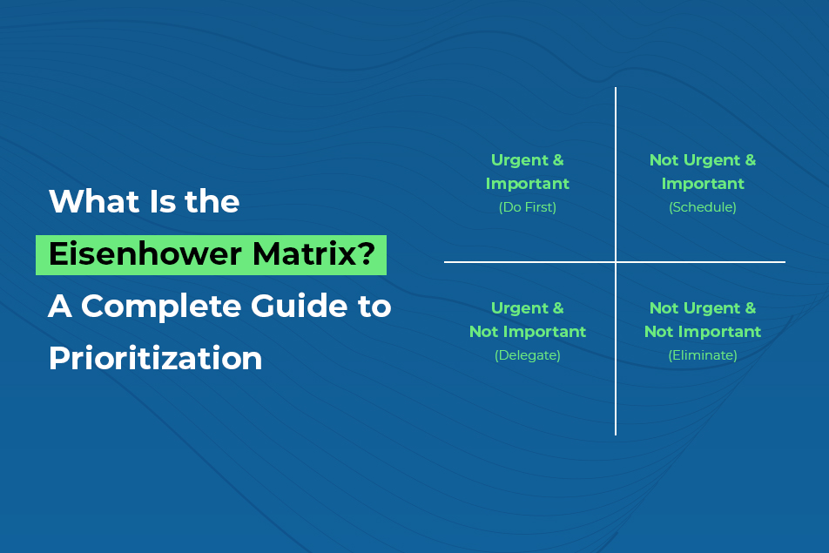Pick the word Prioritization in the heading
(x=156, y=359)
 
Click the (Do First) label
(x=528, y=207)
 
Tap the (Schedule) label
(x=703, y=207)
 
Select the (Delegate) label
(x=528, y=355)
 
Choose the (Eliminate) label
(x=703, y=355)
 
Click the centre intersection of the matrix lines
(x=616, y=261)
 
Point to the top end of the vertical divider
(x=616, y=89)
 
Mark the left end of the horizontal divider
(x=446, y=261)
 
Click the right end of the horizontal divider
(x=784, y=261)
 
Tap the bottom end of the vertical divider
(x=616, y=433)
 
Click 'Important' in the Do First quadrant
(x=528, y=184)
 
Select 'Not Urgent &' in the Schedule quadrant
(x=703, y=160)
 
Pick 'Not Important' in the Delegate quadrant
(x=528, y=332)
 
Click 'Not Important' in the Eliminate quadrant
(x=703, y=332)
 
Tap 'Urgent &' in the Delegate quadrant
(x=528, y=308)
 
